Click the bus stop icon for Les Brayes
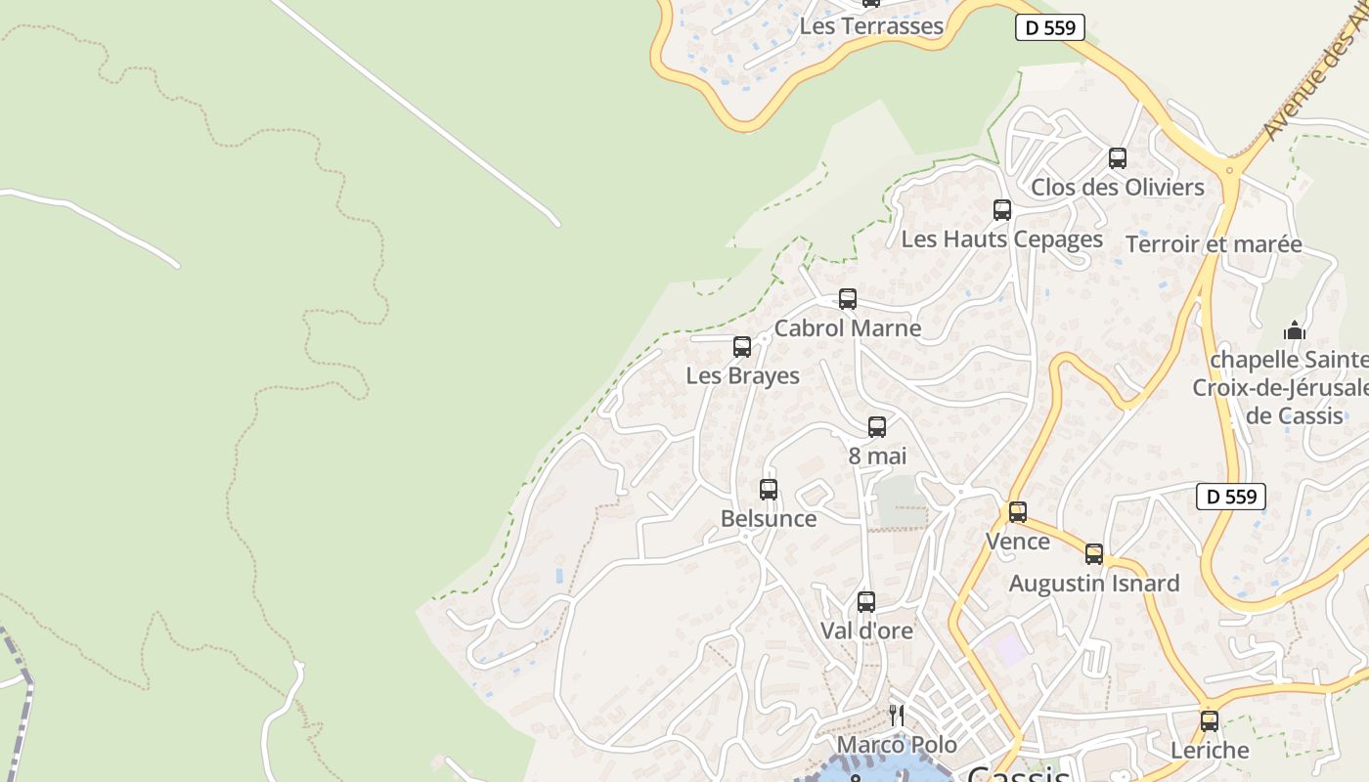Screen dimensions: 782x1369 pos(742,347)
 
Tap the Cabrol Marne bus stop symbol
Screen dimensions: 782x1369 pos(848,299)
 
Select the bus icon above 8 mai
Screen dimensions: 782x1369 pos(877,427)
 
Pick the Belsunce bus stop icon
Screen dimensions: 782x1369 pos(769,490)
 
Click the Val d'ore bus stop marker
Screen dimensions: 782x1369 pos(865,602)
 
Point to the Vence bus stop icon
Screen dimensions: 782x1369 pos(1018,512)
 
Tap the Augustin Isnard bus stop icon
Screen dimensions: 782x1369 pos(1094,554)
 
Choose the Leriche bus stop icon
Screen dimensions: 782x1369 pos(1210,721)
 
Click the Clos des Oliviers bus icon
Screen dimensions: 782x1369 pos(1118,158)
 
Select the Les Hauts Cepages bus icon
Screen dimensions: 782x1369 pos(1002,210)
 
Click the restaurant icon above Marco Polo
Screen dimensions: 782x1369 pos(896,716)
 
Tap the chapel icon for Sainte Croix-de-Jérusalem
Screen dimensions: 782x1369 pos(1296,330)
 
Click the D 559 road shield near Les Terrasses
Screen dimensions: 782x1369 pos(1051,27)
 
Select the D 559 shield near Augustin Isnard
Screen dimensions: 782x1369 pos(1231,497)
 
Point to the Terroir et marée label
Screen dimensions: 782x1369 pos(1214,244)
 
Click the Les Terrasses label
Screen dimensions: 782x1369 pos(871,26)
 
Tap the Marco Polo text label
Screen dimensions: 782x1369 pos(897,745)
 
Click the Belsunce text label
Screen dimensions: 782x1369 pos(769,518)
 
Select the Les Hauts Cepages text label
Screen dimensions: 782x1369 pos(1002,239)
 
